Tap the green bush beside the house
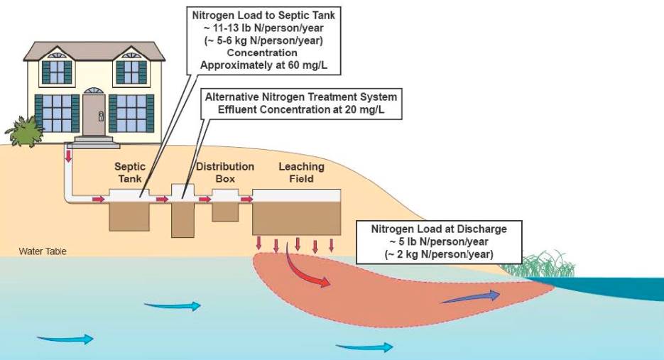[x=23, y=131]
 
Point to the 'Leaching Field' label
[x=301, y=173]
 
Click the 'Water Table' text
[x=43, y=251]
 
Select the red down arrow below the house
[x=69, y=156]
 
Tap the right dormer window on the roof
[x=131, y=71]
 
